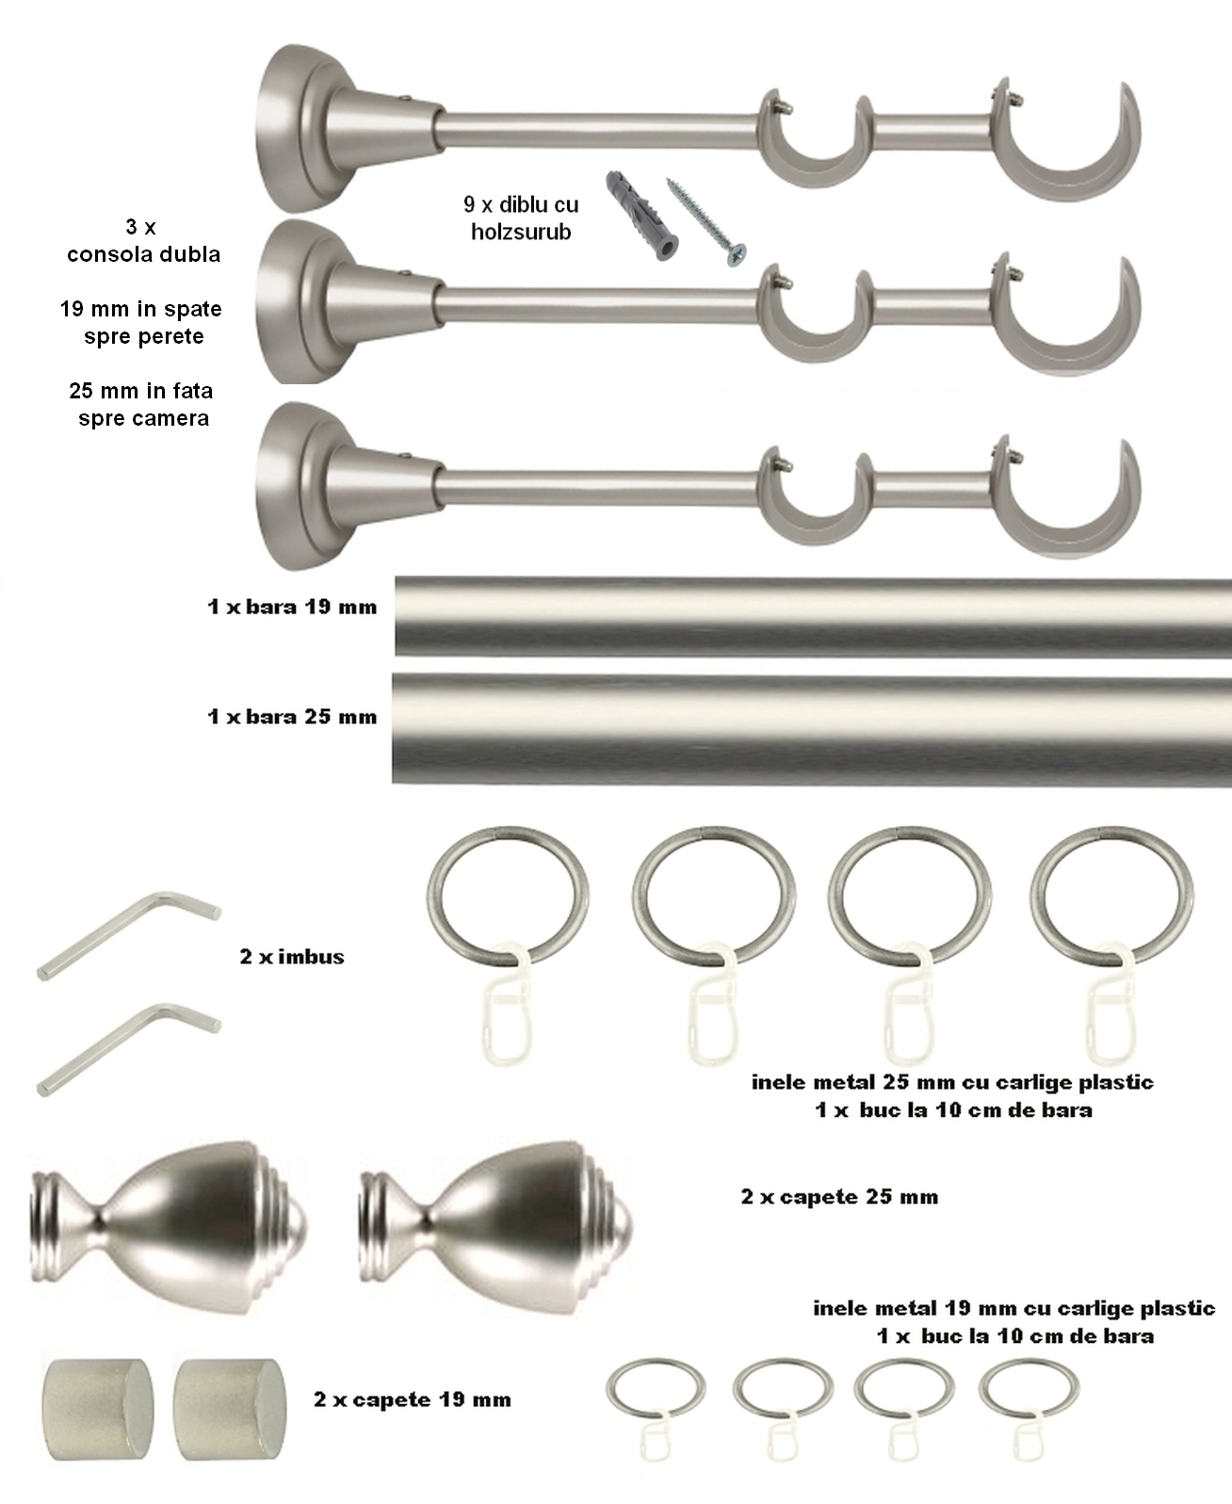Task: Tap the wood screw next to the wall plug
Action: tap(706, 222)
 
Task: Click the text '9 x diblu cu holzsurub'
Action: tap(521, 218)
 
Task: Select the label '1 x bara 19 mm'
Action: tap(292, 606)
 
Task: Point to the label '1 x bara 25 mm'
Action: tap(292, 717)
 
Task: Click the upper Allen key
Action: tap(128, 935)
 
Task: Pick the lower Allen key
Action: tap(128, 1050)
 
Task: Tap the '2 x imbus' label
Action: tap(292, 956)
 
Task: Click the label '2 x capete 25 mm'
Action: tap(839, 1197)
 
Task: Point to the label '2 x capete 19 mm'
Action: tap(413, 1399)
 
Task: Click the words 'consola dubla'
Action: tap(143, 254)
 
